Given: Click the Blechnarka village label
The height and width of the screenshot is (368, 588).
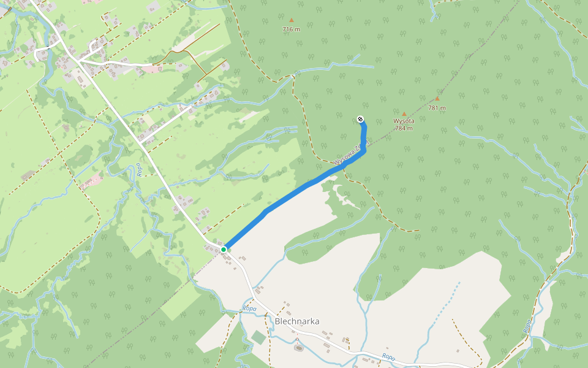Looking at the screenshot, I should coord(297,321).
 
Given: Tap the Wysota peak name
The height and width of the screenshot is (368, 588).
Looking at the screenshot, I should coord(404,121).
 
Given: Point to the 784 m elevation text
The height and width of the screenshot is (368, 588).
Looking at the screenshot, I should coord(404,128).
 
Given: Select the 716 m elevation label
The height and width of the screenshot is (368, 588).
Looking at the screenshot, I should coord(292,29).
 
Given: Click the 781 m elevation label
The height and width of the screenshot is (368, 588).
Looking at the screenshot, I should coord(437,108).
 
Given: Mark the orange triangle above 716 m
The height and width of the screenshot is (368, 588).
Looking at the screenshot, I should coord(292,20).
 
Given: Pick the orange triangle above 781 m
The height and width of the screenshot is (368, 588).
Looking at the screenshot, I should coord(437,99).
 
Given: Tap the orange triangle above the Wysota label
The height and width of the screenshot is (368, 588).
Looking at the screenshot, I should coord(404,113).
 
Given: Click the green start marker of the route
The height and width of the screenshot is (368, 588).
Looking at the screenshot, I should coord(224,249).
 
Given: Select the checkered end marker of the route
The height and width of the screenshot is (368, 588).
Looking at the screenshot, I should coord(361,120).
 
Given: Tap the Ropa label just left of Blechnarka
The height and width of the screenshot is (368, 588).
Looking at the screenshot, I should coord(249,309).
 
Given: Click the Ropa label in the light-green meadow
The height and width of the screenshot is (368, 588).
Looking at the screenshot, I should coord(140,169).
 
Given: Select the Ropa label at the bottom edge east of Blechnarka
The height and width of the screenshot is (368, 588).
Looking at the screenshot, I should coord(388,356).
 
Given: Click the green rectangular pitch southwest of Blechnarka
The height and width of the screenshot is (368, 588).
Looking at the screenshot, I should coord(259,337).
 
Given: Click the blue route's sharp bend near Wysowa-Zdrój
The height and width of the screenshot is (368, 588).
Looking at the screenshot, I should coord(364,150).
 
